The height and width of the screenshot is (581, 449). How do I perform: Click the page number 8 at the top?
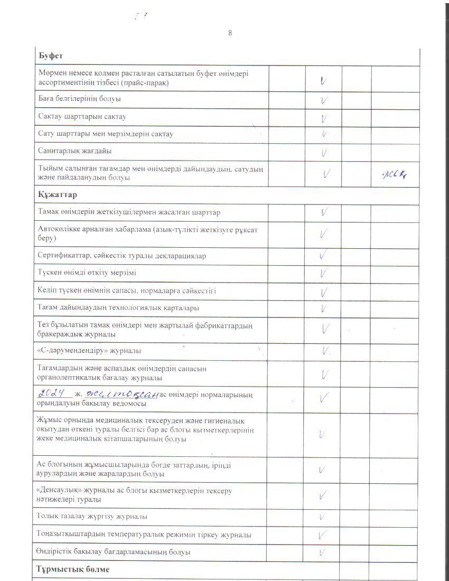click(230, 33)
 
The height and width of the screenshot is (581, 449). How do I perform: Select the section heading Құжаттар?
click(58, 195)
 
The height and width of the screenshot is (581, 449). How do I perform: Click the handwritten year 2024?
click(55, 393)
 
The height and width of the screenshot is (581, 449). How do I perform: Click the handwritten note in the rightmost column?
click(396, 174)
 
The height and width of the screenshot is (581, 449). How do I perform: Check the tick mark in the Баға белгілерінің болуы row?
click(323, 99)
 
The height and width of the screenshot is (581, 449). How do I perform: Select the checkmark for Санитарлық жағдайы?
click(323, 153)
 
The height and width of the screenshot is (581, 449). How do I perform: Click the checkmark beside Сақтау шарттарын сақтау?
click(323, 118)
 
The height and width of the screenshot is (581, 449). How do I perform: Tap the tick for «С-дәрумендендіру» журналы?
click(325, 351)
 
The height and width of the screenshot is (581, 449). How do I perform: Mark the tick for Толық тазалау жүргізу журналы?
click(323, 516)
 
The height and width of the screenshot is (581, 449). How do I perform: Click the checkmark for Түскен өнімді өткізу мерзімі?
click(323, 273)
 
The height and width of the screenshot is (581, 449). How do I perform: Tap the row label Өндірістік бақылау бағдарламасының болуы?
click(113, 552)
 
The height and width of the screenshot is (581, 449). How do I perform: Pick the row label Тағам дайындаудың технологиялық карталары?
click(119, 307)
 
